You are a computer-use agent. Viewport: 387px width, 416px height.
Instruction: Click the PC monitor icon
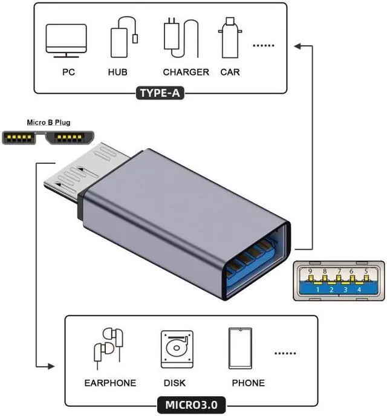(66, 41)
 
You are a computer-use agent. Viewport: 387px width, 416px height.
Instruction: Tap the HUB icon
(123, 37)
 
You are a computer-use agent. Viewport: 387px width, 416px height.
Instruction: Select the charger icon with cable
(181, 37)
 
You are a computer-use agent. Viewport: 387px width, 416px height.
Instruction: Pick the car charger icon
(230, 37)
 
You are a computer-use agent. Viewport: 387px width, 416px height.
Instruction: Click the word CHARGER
(186, 72)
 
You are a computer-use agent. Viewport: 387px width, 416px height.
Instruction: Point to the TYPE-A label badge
(160, 93)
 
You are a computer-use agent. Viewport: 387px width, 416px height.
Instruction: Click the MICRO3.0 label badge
(191, 405)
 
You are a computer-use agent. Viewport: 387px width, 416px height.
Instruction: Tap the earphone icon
(108, 348)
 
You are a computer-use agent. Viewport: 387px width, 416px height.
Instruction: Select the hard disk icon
(177, 349)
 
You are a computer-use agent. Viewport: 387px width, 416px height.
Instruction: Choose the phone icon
(240, 348)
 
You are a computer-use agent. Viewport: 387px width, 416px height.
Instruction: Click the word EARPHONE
(110, 383)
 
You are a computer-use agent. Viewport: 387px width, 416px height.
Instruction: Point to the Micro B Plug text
(48, 123)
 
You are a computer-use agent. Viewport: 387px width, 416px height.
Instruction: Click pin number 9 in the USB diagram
(310, 271)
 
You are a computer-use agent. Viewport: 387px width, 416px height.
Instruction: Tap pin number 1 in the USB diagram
(318, 290)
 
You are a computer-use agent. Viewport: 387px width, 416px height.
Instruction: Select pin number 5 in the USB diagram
(366, 271)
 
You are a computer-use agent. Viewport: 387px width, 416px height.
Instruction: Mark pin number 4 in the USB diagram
(359, 290)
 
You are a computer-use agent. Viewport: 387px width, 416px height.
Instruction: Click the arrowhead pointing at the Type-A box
(298, 46)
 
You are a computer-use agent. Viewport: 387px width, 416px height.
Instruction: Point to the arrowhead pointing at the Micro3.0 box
(51, 366)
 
